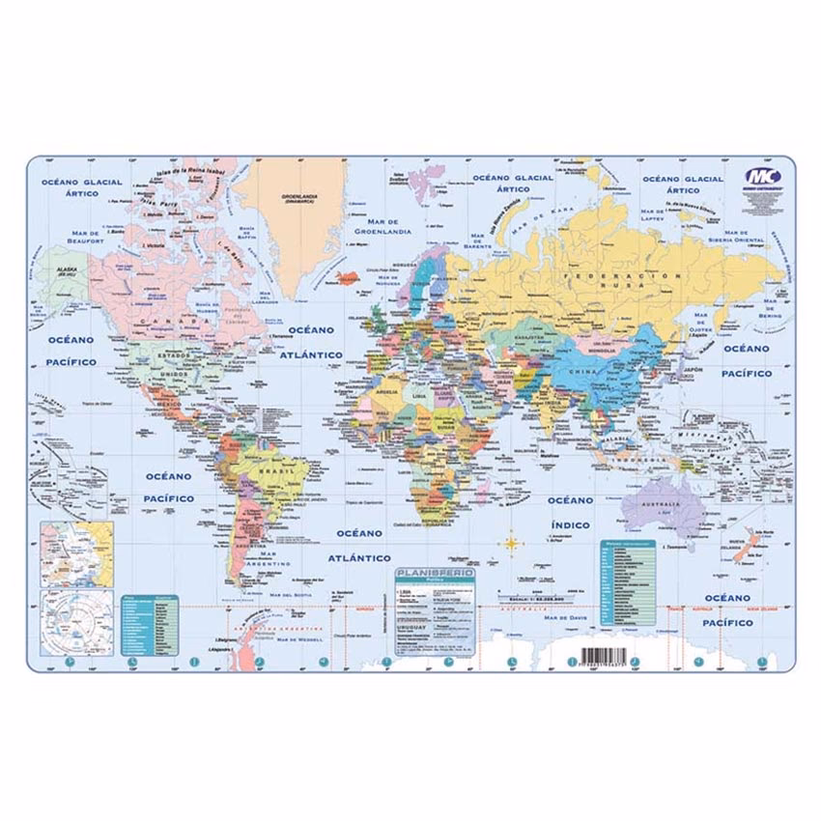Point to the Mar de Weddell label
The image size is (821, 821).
click(297, 638)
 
